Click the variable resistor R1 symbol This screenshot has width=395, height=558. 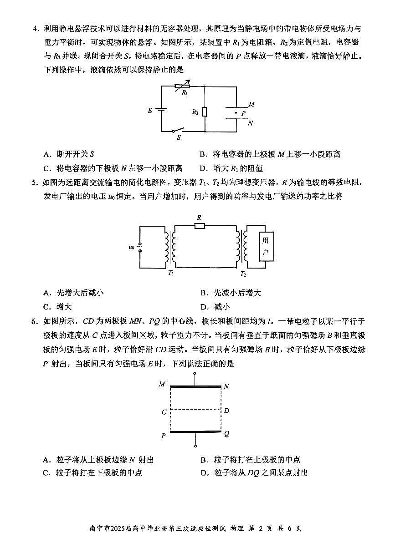pos(182,86)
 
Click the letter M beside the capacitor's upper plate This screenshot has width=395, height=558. pos(251,104)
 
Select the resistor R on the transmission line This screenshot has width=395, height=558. pos(200,225)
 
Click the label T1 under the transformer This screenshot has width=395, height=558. pos(171,273)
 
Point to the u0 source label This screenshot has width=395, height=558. pos(132,247)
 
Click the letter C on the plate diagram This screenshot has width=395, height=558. pos(164,412)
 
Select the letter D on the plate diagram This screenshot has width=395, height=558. pos(226,411)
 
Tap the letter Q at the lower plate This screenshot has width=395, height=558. pos(226,434)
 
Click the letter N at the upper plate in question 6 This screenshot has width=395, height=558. pos(226,386)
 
